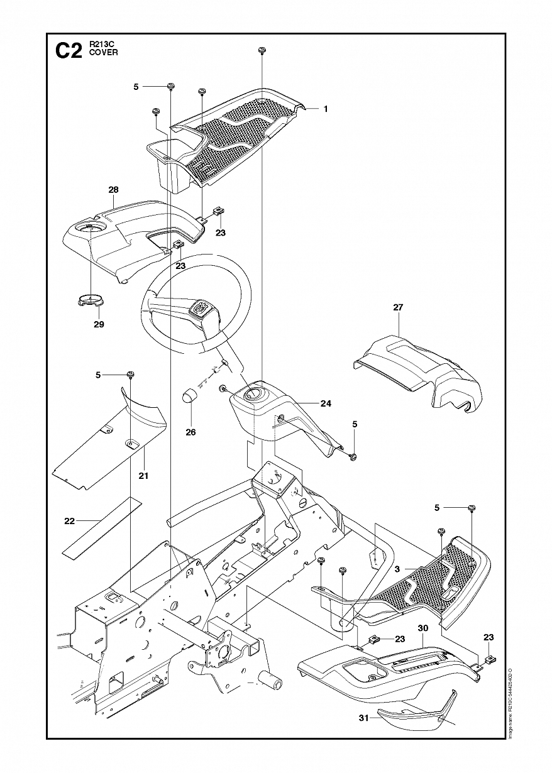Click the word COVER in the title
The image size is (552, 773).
[x=104, y=53]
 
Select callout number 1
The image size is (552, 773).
[x=326, y=109]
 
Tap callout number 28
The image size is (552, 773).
[x=113, y=190]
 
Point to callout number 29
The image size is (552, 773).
[x=99, y=324]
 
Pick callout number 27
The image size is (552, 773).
[x=398, y=307]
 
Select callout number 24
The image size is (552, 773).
[x=326, y=403]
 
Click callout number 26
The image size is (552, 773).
[x=190, y=432]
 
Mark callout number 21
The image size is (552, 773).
[x=143, y=476]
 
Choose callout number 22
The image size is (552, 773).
[x=70, y=521]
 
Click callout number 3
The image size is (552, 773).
[x=397, y=569]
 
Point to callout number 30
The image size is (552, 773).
[x=422, y=628]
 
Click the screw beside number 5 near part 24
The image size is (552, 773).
[x=353, y=455]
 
